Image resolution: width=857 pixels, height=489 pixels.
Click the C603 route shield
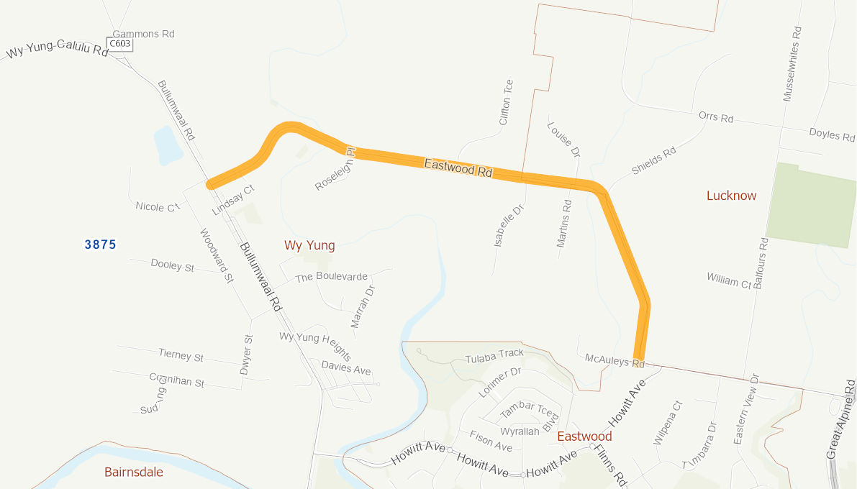(119, 44)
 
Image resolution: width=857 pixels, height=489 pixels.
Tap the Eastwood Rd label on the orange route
(458, 168)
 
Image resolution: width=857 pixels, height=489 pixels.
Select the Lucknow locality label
(731, 196)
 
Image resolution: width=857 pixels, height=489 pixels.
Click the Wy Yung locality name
(309, 245)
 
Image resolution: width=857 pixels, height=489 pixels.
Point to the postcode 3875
(100, 244)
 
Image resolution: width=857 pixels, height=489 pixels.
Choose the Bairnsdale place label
(134, 472)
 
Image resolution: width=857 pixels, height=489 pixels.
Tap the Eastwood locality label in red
(584, 437)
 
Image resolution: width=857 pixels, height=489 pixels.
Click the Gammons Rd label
(144, 34)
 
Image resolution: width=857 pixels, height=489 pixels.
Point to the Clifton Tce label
(505, 102)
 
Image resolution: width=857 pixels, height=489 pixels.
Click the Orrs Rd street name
(716, 117)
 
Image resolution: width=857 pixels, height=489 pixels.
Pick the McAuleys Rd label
(615, 360)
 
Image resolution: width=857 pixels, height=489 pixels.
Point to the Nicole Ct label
(157, 207)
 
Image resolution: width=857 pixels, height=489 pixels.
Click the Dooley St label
(173, 265)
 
